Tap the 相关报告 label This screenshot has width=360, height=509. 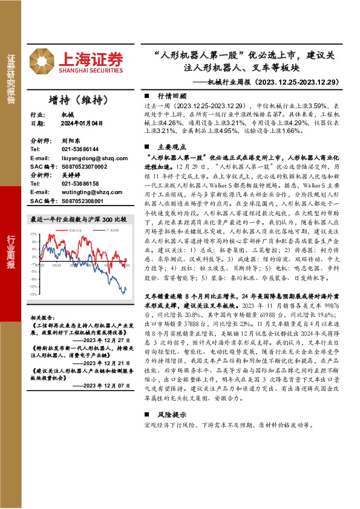[41, 317]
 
